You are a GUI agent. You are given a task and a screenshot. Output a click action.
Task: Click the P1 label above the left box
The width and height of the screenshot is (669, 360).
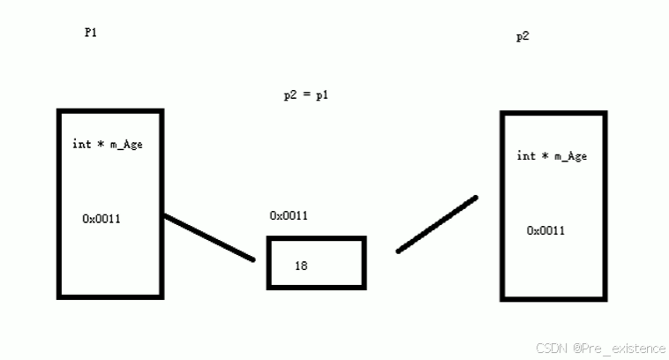(90, 33)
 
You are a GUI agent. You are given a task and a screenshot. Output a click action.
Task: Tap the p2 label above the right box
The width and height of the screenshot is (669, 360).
(522, 37)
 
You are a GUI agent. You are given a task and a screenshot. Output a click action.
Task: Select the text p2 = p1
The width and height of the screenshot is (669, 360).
(306, 94)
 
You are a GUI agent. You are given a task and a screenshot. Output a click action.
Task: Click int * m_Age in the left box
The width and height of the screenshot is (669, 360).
(107, 144)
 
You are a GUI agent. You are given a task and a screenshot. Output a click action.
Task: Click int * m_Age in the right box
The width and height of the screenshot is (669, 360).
(552, 156)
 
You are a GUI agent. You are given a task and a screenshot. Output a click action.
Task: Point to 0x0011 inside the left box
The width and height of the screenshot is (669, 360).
(101, 218)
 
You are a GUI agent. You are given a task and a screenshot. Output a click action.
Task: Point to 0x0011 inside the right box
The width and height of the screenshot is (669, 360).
(546, 230)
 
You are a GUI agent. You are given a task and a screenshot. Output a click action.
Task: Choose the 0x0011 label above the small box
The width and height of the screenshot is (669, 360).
(289, 215)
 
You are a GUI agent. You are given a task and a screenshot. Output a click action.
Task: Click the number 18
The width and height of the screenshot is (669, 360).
(301, 265)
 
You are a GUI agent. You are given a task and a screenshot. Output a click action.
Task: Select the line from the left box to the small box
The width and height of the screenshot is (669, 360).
(209, 237)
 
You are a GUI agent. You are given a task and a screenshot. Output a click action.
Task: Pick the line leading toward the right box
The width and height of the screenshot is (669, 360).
(437, 224)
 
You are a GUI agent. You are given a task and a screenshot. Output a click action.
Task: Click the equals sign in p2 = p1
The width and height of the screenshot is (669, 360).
(306, 95)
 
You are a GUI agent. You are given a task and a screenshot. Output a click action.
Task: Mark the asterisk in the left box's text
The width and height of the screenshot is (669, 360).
(101, 143)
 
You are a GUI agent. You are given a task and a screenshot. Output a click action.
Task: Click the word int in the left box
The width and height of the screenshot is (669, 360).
(81, 144)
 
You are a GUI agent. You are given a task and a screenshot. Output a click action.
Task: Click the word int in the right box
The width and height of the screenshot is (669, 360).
(526, 156)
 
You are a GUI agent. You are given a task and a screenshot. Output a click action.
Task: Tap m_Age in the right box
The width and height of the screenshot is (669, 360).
(570, 156)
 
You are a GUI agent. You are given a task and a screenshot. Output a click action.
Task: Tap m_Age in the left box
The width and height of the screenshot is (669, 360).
(125, 144)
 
